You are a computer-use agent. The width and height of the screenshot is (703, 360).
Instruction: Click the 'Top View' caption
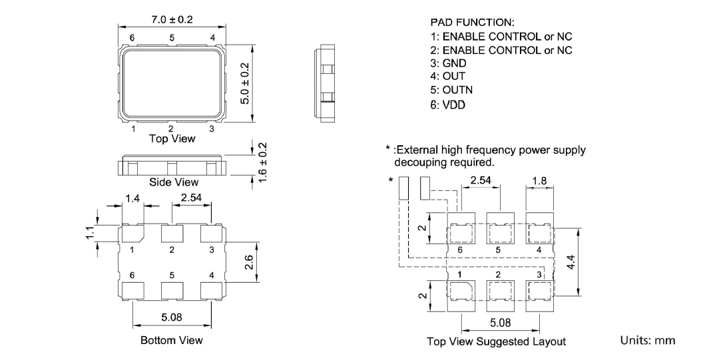pyautogui.click(x=172, y=138)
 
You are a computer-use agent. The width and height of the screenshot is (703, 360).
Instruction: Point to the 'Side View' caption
pyautogui.click(x=172, y=181)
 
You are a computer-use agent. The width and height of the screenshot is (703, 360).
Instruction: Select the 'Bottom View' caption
pyautogui.click(x=172, y=341)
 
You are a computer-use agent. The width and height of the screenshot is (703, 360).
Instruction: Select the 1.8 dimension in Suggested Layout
pyautogui.click(x=539, y=180)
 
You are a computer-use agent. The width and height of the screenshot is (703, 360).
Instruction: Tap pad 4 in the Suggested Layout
pyautogui.click(x=539, y=234)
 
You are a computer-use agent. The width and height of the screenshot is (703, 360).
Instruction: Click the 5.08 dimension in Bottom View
pyautogui.click(x=172, y=318)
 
